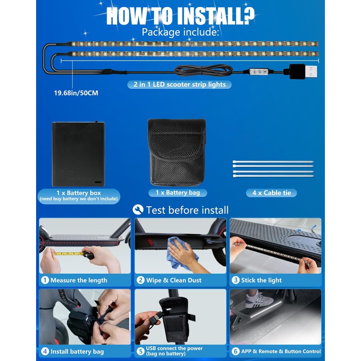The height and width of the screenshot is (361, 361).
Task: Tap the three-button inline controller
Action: (x=259, y=72)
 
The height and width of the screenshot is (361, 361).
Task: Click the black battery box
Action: (x=78, y=153)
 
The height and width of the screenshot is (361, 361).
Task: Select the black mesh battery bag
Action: (x=176, y=152)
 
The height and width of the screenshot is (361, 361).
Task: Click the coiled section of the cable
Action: (x=204, y=70)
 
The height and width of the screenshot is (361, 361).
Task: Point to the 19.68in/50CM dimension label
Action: (x=76, y=93)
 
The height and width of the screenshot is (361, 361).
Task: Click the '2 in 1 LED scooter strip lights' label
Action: (x=180, y=84)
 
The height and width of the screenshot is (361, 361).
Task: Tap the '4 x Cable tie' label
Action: (x=272, y=193)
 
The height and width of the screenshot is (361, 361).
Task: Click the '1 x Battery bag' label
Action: (x=177, y=193)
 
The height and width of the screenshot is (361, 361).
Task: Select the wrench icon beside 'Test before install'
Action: (x=138, y=209)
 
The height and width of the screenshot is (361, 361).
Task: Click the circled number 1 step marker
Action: (x=45, y=280)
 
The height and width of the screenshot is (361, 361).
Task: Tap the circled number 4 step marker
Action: (x=45, y=352)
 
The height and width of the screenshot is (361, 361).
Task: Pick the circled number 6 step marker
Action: (x=236, y=352)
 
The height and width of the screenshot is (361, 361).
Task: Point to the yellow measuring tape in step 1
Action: (x=69, y=254)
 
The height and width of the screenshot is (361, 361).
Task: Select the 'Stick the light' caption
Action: (x=261, y=280)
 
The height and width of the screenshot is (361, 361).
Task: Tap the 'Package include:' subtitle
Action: (x=180, y=32)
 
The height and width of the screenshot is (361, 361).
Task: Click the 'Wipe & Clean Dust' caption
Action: (x=174, y=280)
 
